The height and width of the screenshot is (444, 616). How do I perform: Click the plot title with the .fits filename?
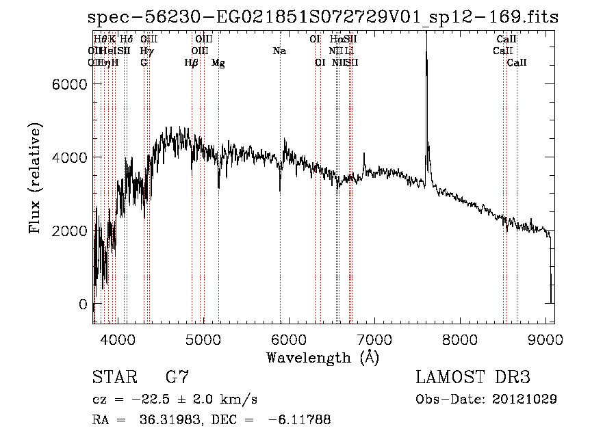coord(323,17)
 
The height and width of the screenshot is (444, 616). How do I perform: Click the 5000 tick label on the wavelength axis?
coord(203,339)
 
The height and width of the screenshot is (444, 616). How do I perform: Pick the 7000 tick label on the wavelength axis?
coord(374,339)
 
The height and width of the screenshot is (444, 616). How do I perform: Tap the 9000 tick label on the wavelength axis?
coord(546,339)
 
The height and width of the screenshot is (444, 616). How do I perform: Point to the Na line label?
coord(279,51)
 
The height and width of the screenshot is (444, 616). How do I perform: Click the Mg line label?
coord(218,63)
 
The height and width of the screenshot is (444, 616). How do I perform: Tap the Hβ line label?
coord(191,63)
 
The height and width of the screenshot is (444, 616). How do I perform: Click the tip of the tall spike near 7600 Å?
coord(426,34)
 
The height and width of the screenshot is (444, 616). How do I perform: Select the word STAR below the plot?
coord(112,378)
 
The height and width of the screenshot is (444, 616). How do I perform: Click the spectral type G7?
coord(177,378)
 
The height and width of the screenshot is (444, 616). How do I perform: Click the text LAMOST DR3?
coord(473,378)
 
